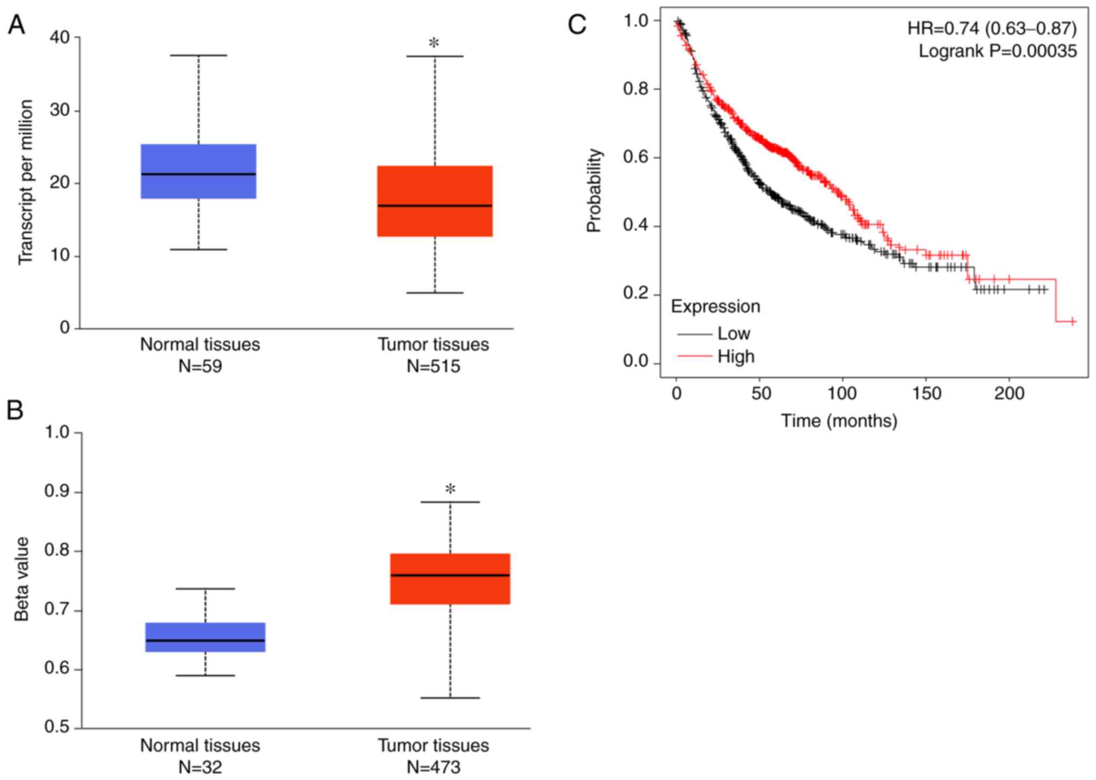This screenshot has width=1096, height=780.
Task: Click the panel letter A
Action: (16, 25)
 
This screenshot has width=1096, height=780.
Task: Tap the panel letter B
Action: (15, 410)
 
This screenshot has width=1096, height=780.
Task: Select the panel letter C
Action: (577, 24)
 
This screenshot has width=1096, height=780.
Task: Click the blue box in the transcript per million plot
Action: (198, 171)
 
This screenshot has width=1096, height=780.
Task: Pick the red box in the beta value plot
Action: (450, 579)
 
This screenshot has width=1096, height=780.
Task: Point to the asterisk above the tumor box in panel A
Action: (434, 44)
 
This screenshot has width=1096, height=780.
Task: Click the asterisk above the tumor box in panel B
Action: (450, 489)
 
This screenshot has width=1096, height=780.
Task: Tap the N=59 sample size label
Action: (200, 367)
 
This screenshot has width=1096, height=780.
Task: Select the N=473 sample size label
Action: (433, 767)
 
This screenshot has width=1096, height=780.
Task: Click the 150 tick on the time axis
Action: (926, 394)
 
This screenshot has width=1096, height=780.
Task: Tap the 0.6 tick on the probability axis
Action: (635, 157)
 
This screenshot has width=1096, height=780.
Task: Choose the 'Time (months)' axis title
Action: (839, 420)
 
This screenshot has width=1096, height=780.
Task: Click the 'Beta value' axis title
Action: (22, 579)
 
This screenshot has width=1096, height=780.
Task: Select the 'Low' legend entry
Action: (734, 334)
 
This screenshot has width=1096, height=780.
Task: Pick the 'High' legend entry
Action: (736, 357)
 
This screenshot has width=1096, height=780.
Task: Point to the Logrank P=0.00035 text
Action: (997, 51)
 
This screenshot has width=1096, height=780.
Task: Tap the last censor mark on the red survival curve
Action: (1072, 321)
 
